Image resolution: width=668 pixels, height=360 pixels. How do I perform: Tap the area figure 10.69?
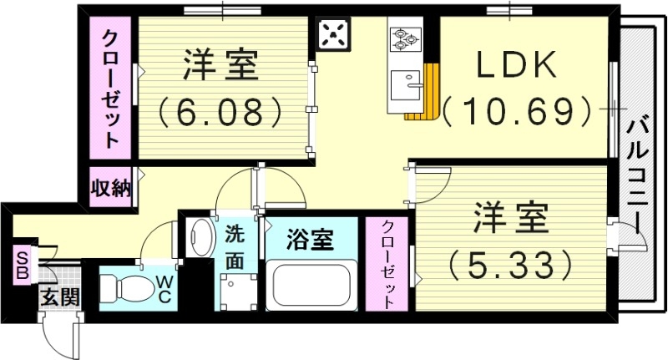click(x=517, y=109)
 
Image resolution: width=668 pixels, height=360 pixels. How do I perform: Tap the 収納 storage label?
click(x=111, y=188)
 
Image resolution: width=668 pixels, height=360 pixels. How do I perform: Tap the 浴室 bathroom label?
click(x=311, y=241)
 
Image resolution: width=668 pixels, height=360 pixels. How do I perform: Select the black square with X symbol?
click(x=335, y=36)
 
